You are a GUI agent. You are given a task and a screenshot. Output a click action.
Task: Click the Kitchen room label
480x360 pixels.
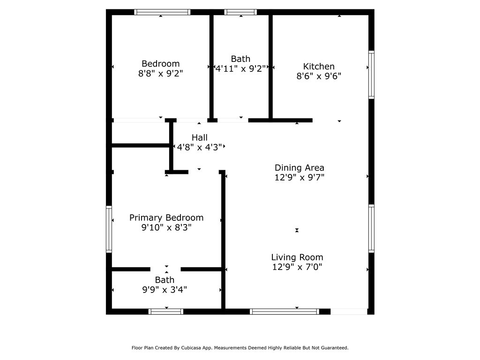(x=319, y=67)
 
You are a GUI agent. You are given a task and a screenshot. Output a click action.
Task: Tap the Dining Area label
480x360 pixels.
(x=300, y=168)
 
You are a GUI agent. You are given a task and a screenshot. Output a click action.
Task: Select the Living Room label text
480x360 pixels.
(x=297, y=257)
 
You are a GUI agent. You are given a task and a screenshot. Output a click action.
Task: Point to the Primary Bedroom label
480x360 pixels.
(x=166, y=217)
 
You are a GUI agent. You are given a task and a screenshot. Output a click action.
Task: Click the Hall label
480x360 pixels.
(x=200, y=137)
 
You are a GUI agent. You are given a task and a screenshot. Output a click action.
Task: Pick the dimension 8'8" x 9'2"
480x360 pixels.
(x=160, y=74)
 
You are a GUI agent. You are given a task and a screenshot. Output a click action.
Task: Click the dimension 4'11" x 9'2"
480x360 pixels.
(x=240, y=68)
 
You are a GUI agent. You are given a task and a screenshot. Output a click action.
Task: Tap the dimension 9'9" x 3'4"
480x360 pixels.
(x=165, y=290)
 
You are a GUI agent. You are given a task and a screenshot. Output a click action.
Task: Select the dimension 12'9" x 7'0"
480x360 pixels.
(x=297, y=267)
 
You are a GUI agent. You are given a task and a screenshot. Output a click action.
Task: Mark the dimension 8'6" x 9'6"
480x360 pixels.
(x=319, y=76)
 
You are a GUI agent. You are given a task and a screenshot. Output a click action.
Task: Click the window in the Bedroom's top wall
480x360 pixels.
(x=162, y=12)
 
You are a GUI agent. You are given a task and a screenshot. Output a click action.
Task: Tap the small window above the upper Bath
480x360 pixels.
(x=240, y=12)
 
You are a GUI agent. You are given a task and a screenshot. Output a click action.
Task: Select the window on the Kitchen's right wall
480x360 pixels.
(x=371, y=75)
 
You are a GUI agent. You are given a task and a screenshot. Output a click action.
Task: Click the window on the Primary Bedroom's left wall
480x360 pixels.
(x=109, y=229)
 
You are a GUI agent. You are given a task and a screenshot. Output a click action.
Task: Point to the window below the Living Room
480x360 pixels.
(x=285, y=312)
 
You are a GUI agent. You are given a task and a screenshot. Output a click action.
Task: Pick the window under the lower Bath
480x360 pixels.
(x=166, y=312)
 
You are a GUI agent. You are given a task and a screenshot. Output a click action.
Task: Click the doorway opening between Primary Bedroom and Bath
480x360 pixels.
(x=165, y=270)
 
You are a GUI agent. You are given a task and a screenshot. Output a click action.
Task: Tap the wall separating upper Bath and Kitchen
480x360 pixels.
(x=270, y=67)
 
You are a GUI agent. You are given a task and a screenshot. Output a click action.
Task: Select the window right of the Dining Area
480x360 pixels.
(x=371, y=228)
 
